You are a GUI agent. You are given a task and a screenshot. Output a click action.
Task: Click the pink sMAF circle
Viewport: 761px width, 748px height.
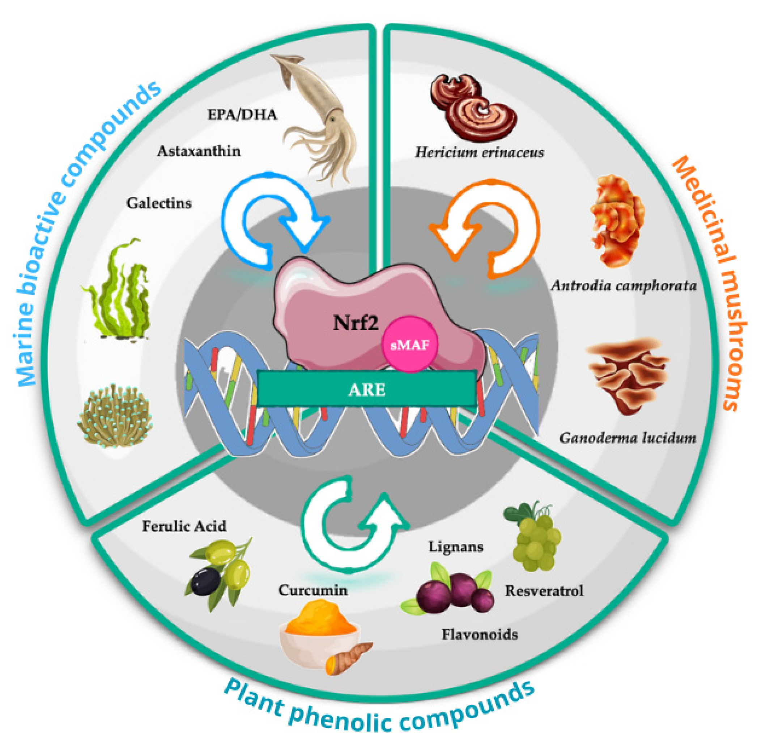click(x=410, y=344)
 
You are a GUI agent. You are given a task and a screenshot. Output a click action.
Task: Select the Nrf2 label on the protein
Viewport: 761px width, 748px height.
click(x=356, y=323)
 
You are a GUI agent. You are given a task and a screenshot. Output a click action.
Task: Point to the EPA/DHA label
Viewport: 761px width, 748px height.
click(x=242, y=114)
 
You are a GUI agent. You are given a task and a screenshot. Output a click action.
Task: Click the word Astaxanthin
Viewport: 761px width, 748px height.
click(x=199, y=151)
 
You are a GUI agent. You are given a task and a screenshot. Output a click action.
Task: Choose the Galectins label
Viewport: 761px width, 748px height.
click(x=158, y=203)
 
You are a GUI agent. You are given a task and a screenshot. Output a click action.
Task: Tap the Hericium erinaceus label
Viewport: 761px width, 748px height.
click(x=479, y=152)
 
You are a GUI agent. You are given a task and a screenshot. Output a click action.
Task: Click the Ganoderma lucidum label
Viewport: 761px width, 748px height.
click(x=627, y=438)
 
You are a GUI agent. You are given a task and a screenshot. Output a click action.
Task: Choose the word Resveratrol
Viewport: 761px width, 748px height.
click(x=544, y=591)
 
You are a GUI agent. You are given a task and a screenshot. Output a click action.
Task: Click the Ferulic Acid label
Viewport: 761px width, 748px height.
click(x=184, y=526)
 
